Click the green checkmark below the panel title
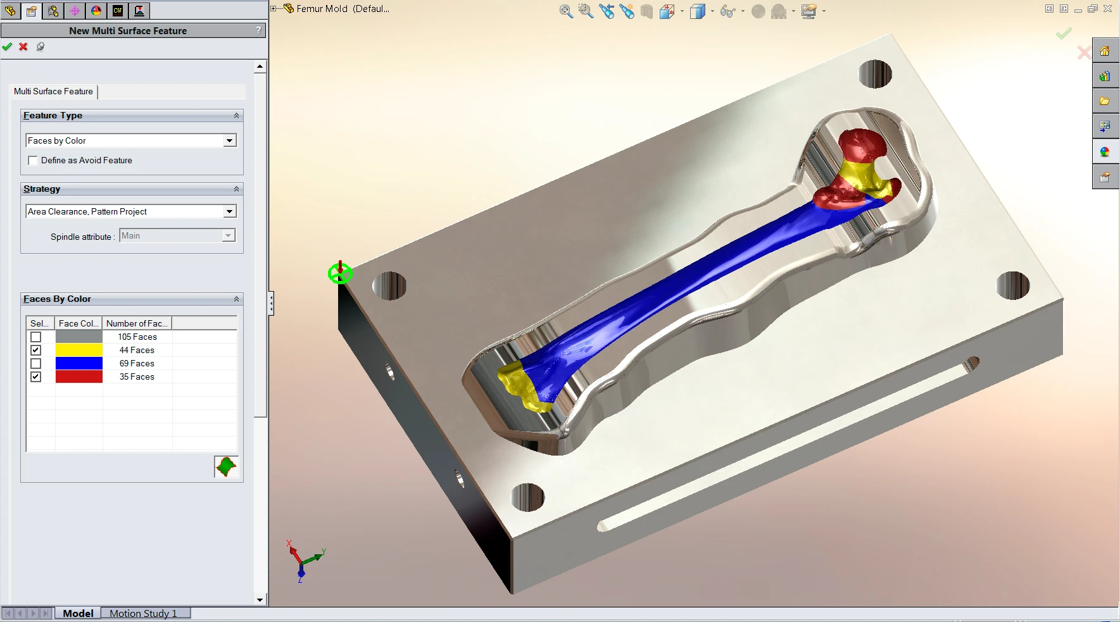click(x=7, y=46)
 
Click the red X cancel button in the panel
click(x=23, y=46)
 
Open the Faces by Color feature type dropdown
click(x=230, y=140)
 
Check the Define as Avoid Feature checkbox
click(x=33, y=161)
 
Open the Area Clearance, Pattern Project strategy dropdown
click(x=230, y=211)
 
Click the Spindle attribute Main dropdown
click(x=177, y=235)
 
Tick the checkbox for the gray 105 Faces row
click(x=36, y=337)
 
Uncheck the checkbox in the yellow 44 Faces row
click(x=36, y=351)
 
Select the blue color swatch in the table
click(x=79, y=363)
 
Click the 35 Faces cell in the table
click(x=137, y=376)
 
